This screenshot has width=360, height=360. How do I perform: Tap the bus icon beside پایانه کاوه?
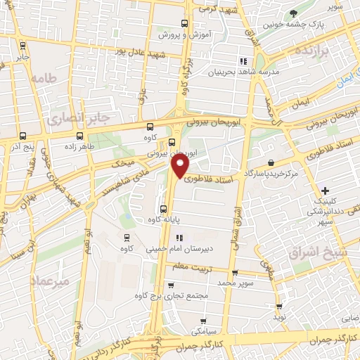tap(163, 209)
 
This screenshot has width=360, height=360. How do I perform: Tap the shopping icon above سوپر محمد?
tap(236, 273)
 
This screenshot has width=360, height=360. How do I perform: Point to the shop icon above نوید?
tap(280, 307)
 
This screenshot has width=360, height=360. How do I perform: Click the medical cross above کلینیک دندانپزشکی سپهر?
tap(325, 191)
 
